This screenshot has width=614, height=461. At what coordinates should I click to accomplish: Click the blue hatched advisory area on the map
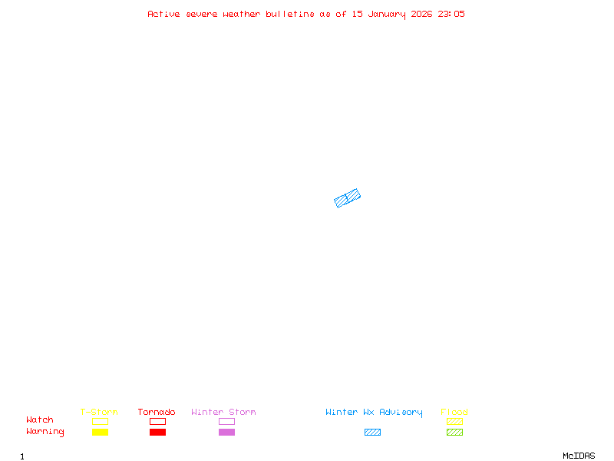tap(348, 198)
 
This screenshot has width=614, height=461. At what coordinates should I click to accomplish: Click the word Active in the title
tap(164, 14)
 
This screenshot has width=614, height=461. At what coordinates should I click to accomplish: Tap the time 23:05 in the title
tap(451, 14)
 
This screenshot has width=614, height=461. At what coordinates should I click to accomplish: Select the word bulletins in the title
tap(290, 14)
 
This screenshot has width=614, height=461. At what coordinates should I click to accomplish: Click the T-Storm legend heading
tap(99, 412)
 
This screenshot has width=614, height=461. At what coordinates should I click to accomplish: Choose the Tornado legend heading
tap(157, 412)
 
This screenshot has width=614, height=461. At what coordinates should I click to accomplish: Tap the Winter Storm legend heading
tap(223, 412)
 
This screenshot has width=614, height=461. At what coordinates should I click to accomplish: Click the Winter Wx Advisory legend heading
tap(374, 412)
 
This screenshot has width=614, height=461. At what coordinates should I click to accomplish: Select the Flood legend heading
tap(454, 412)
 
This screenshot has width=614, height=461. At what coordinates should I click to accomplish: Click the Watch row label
tap(40, 420)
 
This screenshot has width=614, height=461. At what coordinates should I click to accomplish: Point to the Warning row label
tap(45, 432)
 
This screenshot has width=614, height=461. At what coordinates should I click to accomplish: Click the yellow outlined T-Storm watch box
tap(100, 421)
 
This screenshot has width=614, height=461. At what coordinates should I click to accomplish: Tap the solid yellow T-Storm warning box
tap(100, 432)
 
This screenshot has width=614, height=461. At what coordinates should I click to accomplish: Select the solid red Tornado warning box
tap(157, 432)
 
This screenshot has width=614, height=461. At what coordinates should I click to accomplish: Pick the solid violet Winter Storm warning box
tap(226, 432)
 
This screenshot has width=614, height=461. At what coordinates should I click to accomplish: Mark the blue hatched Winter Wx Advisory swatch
tap(372, 432)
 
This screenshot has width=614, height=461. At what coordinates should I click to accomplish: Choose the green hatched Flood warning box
tap(454, 432)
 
